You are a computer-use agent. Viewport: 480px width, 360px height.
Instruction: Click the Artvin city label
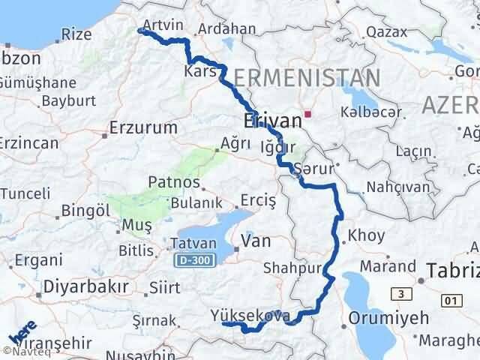[x=162, y=25]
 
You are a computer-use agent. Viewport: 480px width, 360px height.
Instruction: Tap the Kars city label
[x=200, y=72]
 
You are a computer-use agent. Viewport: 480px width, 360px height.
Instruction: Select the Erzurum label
[x=143, y=127]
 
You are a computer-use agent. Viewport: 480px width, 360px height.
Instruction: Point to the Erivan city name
[x=271, y=121]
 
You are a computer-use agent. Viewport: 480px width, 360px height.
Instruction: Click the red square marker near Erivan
[x=307, y=115]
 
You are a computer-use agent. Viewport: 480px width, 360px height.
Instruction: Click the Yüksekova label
[x=251, y=315]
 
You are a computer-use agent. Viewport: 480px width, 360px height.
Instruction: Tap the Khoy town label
[x=367, y=235]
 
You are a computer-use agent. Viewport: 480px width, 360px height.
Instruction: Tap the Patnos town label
[x=174, y=182]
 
